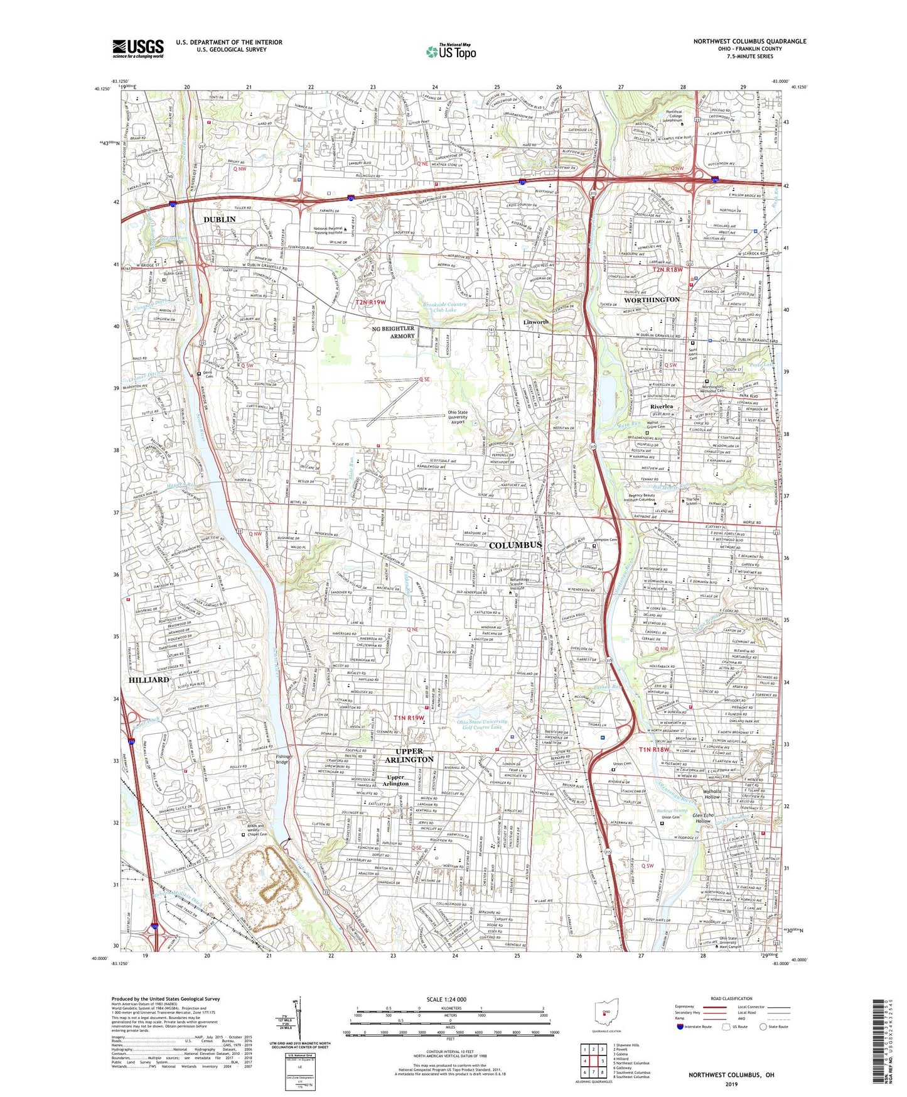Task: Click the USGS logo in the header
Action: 138,48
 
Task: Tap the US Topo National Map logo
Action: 450,52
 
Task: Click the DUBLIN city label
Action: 219,219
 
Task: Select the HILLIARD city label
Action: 149,680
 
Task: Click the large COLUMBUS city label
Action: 515,545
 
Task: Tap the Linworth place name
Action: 536,322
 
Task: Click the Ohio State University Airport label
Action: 466,417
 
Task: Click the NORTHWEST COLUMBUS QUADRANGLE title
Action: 749,41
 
